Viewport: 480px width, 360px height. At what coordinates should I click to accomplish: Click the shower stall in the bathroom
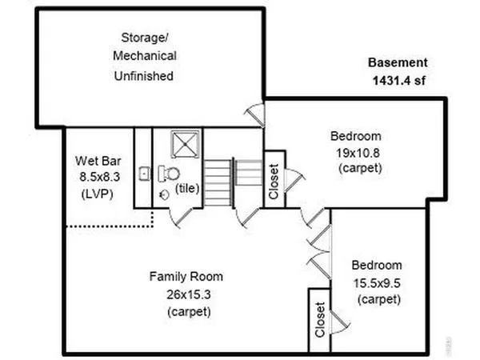click(185, 146)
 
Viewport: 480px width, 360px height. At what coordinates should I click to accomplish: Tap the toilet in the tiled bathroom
click(170, 174)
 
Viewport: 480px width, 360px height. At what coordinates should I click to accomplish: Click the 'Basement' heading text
click(398, 62)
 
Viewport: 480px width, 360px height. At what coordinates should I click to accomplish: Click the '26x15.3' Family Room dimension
click(186, 294)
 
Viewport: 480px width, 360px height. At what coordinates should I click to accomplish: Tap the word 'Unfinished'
click(145, 76)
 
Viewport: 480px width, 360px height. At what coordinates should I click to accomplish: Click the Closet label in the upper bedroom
click(274, 182)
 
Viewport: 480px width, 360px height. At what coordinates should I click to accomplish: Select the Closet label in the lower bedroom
click(320, 319)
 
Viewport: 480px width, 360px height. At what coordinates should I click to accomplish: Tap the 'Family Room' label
click(186, 277)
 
